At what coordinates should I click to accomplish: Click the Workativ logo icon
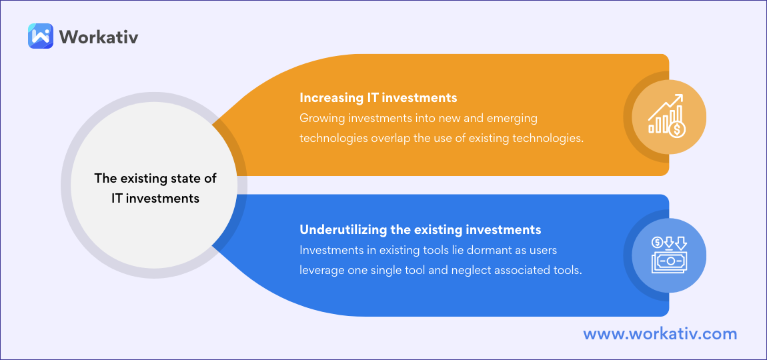click(x=41, y=36)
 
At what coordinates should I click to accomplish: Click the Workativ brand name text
click(x=98, y=37)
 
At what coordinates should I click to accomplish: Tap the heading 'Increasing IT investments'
click(x=378, y=98)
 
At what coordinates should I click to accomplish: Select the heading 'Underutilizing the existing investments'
click(x=420, y=229)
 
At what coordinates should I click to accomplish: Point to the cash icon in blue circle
click(x=669, y=255)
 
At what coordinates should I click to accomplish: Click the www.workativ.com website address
click(x=660, y=334)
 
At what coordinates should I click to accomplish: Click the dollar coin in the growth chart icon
click(x=678, y=129)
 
